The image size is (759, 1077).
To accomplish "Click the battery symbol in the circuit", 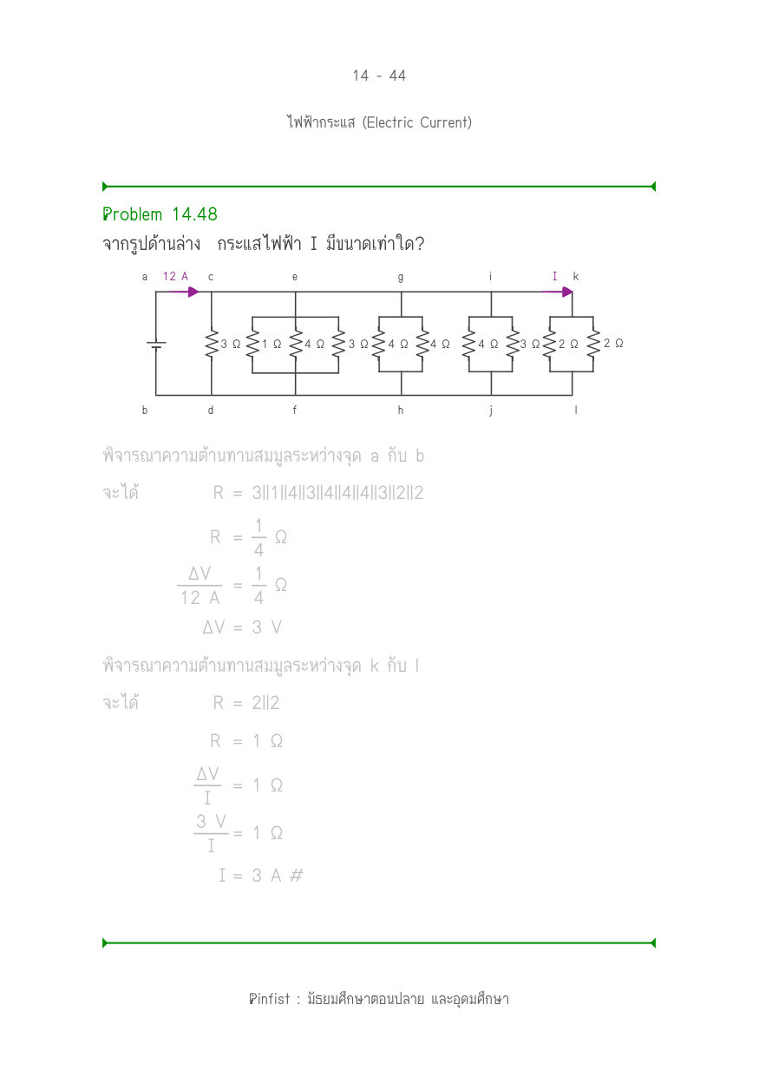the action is pos(156,345).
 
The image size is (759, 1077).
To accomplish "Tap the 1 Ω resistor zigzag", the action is pos(252,344).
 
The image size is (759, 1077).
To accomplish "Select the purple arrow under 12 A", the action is pos(183,292).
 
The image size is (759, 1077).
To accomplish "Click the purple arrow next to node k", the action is pos(557,292).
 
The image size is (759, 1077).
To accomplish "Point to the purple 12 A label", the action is pos(175,277).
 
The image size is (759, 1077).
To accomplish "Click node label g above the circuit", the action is pos(401,278).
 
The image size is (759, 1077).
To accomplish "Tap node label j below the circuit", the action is pos(490,410).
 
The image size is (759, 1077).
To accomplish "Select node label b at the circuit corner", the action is pos(145,410).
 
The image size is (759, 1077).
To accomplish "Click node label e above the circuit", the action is pos(295,277).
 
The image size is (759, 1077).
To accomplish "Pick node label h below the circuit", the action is pos(401,410).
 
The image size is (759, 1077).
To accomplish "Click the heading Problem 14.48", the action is pos(160,214).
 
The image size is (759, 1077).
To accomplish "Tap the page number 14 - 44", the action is pos(379,76).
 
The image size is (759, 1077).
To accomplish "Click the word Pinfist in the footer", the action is pos(270,999).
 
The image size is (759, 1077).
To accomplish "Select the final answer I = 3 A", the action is pos(261,876).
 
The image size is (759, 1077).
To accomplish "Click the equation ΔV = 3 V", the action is pos(242,627).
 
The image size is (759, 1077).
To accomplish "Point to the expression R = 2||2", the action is pos(246,703).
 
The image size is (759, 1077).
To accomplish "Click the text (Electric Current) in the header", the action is pos(416,122).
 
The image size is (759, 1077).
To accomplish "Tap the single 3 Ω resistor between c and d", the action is pos(212,344).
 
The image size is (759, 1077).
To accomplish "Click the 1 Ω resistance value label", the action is pos(272,344).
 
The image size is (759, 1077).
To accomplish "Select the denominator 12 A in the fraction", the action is pos(200,598).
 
